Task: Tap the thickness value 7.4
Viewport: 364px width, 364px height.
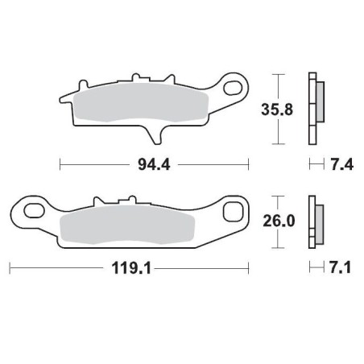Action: click(338, 165)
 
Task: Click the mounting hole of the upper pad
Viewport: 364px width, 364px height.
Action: click(236, 85)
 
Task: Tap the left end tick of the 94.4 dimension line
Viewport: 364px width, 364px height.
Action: click(61, 165)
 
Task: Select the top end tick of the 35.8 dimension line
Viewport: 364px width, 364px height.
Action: click(278, 75)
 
